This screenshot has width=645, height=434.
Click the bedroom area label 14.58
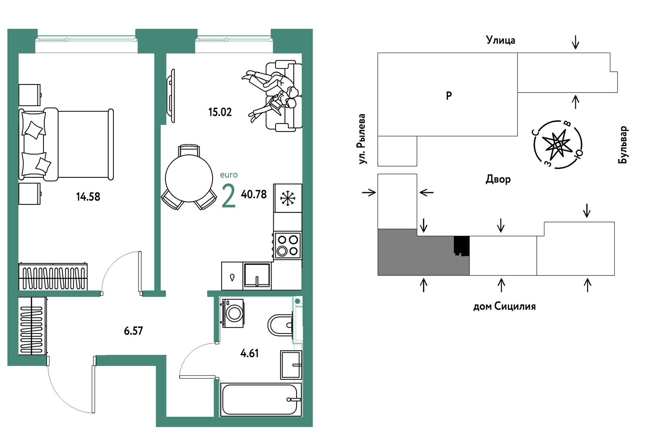88,197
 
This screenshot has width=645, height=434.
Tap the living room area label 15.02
220,112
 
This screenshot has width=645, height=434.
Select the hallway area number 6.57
133,331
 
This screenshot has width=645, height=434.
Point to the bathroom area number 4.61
249,353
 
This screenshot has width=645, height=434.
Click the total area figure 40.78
253,195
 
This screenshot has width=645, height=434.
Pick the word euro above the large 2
229,175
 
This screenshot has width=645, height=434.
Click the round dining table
189,178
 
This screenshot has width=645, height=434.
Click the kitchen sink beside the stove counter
257,276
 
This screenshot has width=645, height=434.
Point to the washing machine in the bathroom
233,313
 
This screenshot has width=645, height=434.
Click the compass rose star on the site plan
557,144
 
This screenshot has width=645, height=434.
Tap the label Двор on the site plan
498,179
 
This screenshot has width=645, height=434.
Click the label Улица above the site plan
501,40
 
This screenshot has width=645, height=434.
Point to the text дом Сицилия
505,306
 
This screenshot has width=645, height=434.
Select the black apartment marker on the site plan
462,246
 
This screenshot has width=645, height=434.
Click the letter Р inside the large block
449,96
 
